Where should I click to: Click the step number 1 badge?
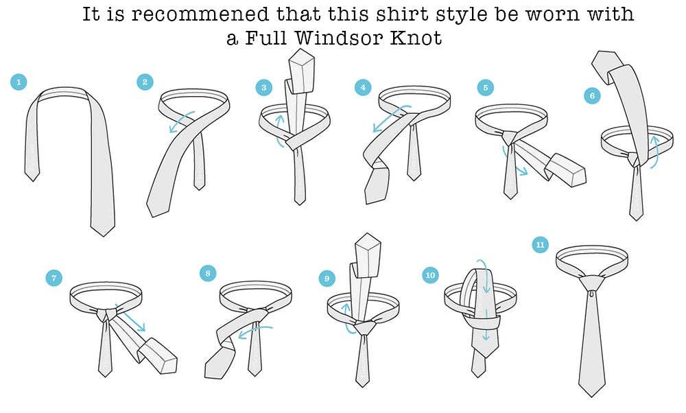click(19, 82)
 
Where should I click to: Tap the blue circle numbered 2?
click(145, 82)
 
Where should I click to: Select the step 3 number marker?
click(264, 88)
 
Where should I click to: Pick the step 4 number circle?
click(363, 88)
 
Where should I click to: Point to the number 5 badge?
click(485, 88)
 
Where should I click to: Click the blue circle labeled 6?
click(592, 96)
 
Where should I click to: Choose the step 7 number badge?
click(54, 278)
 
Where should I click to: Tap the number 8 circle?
click(207, 274)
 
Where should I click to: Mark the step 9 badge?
click(327, 279)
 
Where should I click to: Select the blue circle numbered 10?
click(430, 274)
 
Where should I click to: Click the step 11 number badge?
click(541, 244)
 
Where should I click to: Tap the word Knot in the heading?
click(416, 37)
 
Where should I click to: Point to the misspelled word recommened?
click(200, 14)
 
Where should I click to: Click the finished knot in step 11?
click(591, 283)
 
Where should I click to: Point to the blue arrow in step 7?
click(130, 318)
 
